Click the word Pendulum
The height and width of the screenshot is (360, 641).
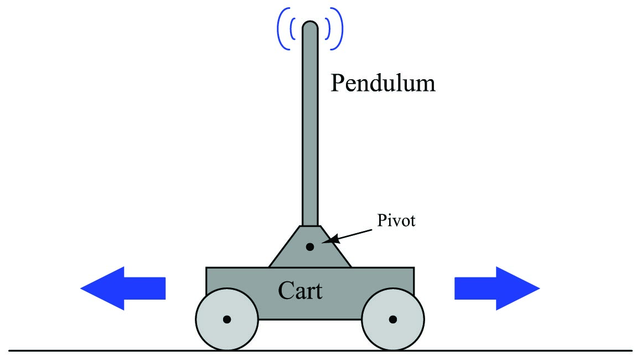click(382, 84)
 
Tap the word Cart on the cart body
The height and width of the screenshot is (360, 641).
click(300, 291)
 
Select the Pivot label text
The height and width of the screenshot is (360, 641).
click(396, 221)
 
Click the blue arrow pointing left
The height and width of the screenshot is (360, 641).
click(123, 289)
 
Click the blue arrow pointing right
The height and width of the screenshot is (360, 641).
click(497, 289)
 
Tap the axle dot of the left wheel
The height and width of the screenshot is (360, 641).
click(227, 320)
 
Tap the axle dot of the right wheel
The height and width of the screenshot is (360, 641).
click(393, 320)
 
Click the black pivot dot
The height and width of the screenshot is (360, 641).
click(310, 247)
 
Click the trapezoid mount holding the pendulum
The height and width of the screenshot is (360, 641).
click(310, 246)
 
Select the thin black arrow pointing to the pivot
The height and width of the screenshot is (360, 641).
click(349, 235)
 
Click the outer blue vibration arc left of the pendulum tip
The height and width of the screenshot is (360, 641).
click(278, 29)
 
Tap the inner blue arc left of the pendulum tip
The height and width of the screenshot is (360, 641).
click(291, 29)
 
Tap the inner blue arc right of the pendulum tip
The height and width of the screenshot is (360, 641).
click(329, 29)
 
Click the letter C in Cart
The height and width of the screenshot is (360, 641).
click(285, 291)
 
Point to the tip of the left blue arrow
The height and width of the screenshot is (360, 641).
click(80, 289)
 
